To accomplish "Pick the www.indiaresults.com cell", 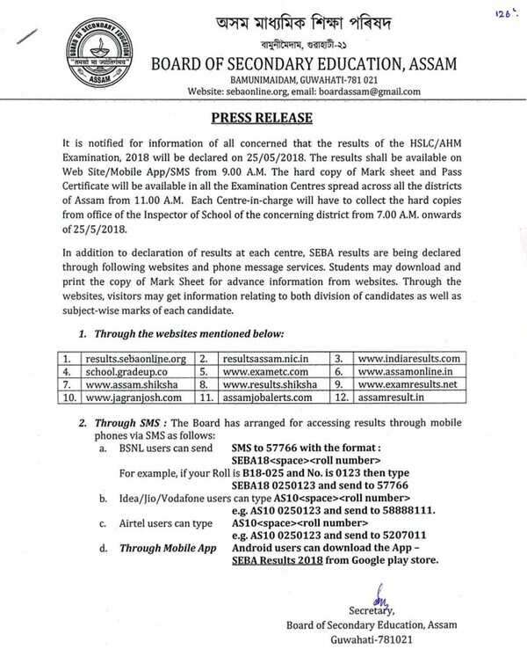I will coord(408,359).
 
